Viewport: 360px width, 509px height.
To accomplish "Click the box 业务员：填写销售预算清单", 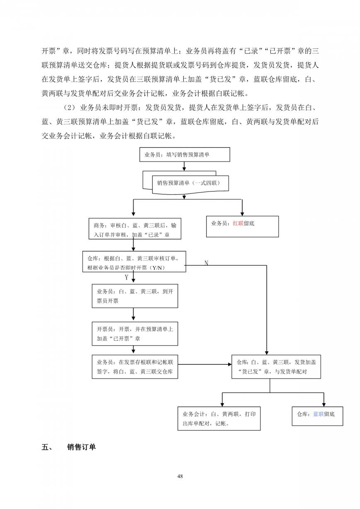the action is click(185, 155).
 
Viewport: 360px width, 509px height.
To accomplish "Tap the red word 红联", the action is click(238, 223).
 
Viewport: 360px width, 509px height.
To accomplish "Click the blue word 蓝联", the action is click(319, 414).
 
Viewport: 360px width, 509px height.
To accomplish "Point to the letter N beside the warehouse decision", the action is click(206, 263).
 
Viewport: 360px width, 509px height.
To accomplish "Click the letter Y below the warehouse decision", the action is click(126, 277).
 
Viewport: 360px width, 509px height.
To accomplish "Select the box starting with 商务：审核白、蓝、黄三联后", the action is click(135, 229).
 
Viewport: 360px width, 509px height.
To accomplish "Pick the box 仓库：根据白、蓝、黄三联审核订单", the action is click(134, 262).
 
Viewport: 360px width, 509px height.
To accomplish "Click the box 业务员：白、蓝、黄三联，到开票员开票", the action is click(135, 296).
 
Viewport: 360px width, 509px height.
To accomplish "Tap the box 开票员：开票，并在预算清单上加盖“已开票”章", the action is click(135, 334).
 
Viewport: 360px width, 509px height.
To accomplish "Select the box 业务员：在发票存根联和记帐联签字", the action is click(135, 367).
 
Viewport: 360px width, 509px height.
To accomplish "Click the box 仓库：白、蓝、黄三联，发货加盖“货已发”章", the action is click(276, 367).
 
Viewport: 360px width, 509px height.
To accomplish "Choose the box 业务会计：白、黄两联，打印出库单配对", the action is click(219, 419).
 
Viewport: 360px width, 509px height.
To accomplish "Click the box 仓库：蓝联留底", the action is click(317, 416).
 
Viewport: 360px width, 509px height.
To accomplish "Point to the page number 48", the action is click(180, 476).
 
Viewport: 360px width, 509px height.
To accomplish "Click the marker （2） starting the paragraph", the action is click(68, 107).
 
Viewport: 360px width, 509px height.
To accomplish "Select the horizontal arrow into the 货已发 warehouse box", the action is click(204, 364).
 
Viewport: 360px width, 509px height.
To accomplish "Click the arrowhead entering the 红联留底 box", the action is click(242, 214).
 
